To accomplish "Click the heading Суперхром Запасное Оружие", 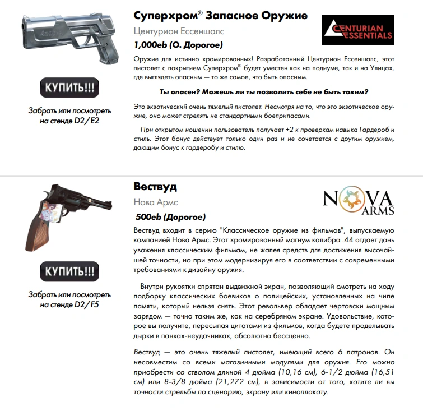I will coord(221,15).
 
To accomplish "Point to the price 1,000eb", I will coord(152,45).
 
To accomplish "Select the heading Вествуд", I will coord(155,187).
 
